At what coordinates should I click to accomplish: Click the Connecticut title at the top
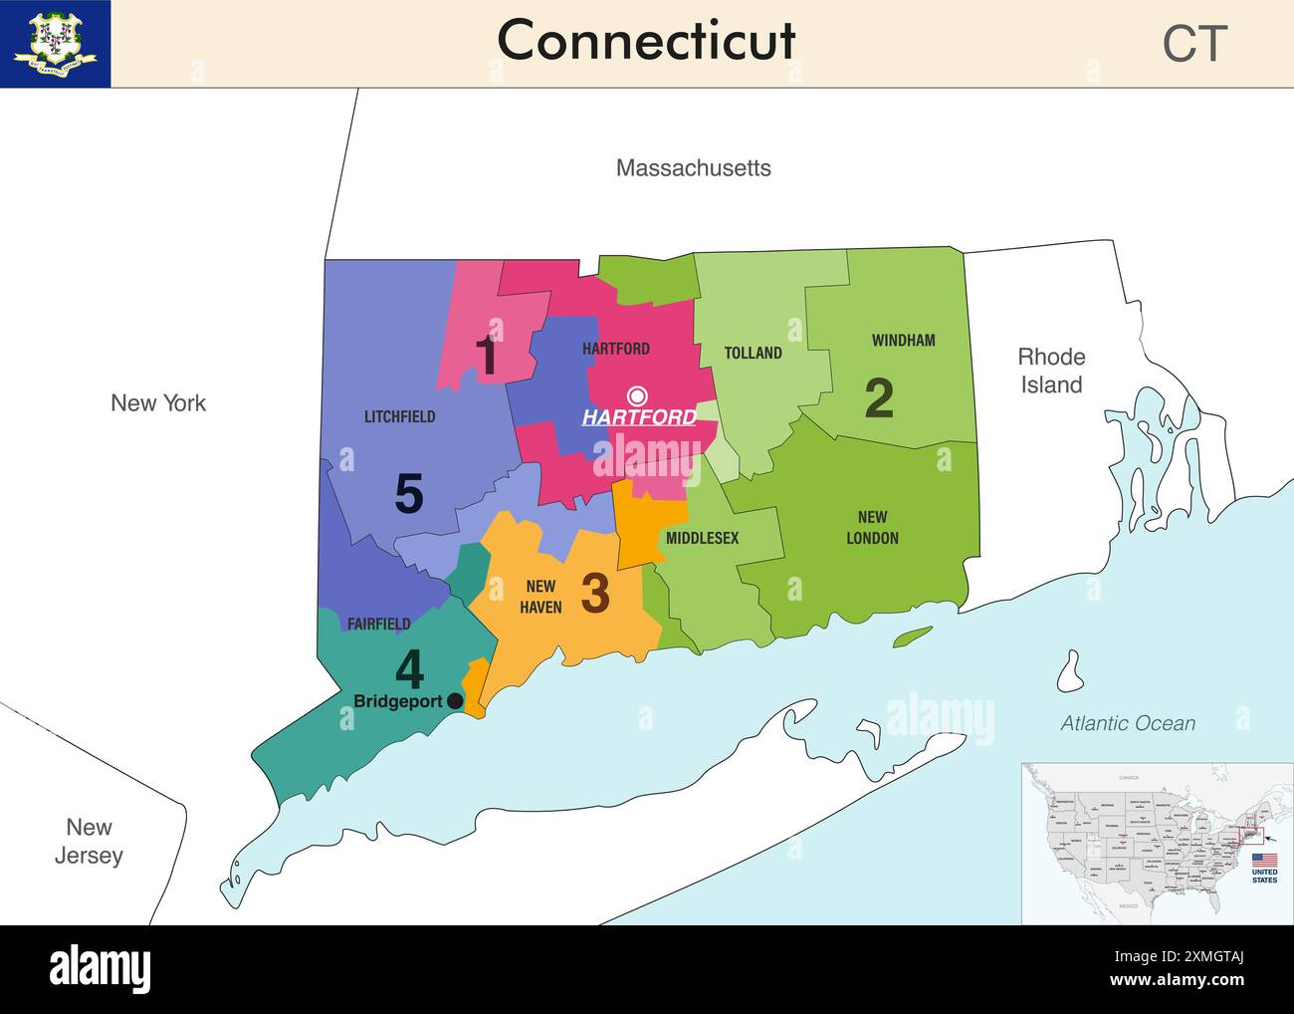point(646,42)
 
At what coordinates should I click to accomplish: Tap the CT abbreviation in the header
point(1194,44)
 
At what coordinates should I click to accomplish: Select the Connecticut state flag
point(55,44)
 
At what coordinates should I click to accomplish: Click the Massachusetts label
point(693,168)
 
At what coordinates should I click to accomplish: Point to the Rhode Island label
point(1051,371)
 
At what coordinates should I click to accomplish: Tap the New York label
point(158,403)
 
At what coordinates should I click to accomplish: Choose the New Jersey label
point(89,841)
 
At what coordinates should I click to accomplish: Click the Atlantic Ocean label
point(1127,724)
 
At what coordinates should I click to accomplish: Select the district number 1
point(486,356)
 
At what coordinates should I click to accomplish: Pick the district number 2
point(878,398)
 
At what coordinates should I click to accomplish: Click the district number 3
point(594,594)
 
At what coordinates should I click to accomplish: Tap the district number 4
point(409,669)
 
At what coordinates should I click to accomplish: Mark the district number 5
point(409,494)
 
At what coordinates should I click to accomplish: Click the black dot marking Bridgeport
point(455,701)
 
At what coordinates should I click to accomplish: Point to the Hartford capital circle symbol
point(637,394)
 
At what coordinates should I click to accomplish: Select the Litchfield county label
point(399,417)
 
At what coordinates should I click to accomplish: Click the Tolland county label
point(753,353)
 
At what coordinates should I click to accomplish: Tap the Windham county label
point(903,341)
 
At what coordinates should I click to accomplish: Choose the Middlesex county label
point(702,538)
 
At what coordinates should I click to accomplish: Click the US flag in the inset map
point(1264,860)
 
